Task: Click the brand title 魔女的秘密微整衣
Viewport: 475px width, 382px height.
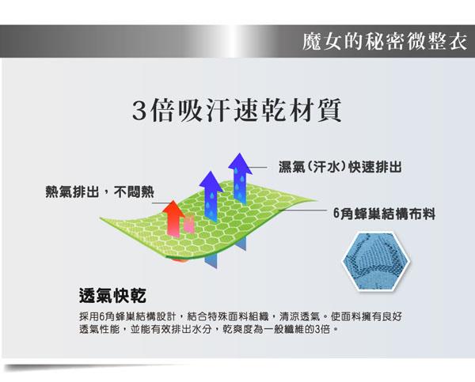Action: [384, 41]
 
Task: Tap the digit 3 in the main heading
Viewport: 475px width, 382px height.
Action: [140, 111]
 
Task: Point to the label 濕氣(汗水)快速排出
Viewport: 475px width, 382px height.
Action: [340, 167]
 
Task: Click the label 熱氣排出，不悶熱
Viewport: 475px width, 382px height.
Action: [100, 191]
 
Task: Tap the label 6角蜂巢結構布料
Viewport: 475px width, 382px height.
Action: [384, 214]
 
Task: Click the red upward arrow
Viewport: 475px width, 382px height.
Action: [173, 218]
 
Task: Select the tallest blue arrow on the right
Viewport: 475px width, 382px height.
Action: [240, 179]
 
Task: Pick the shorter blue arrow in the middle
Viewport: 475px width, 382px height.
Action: [211, 195]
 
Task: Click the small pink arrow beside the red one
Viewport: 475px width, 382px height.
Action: [189, 223]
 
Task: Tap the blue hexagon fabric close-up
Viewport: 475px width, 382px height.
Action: [376, 261]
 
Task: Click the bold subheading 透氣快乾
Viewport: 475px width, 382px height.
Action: [112, 296]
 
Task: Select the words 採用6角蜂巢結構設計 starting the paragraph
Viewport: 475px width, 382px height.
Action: [127, 317]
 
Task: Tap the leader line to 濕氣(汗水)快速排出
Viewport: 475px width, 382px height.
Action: [256, 167]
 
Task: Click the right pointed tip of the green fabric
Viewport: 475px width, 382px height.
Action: [317, 200]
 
